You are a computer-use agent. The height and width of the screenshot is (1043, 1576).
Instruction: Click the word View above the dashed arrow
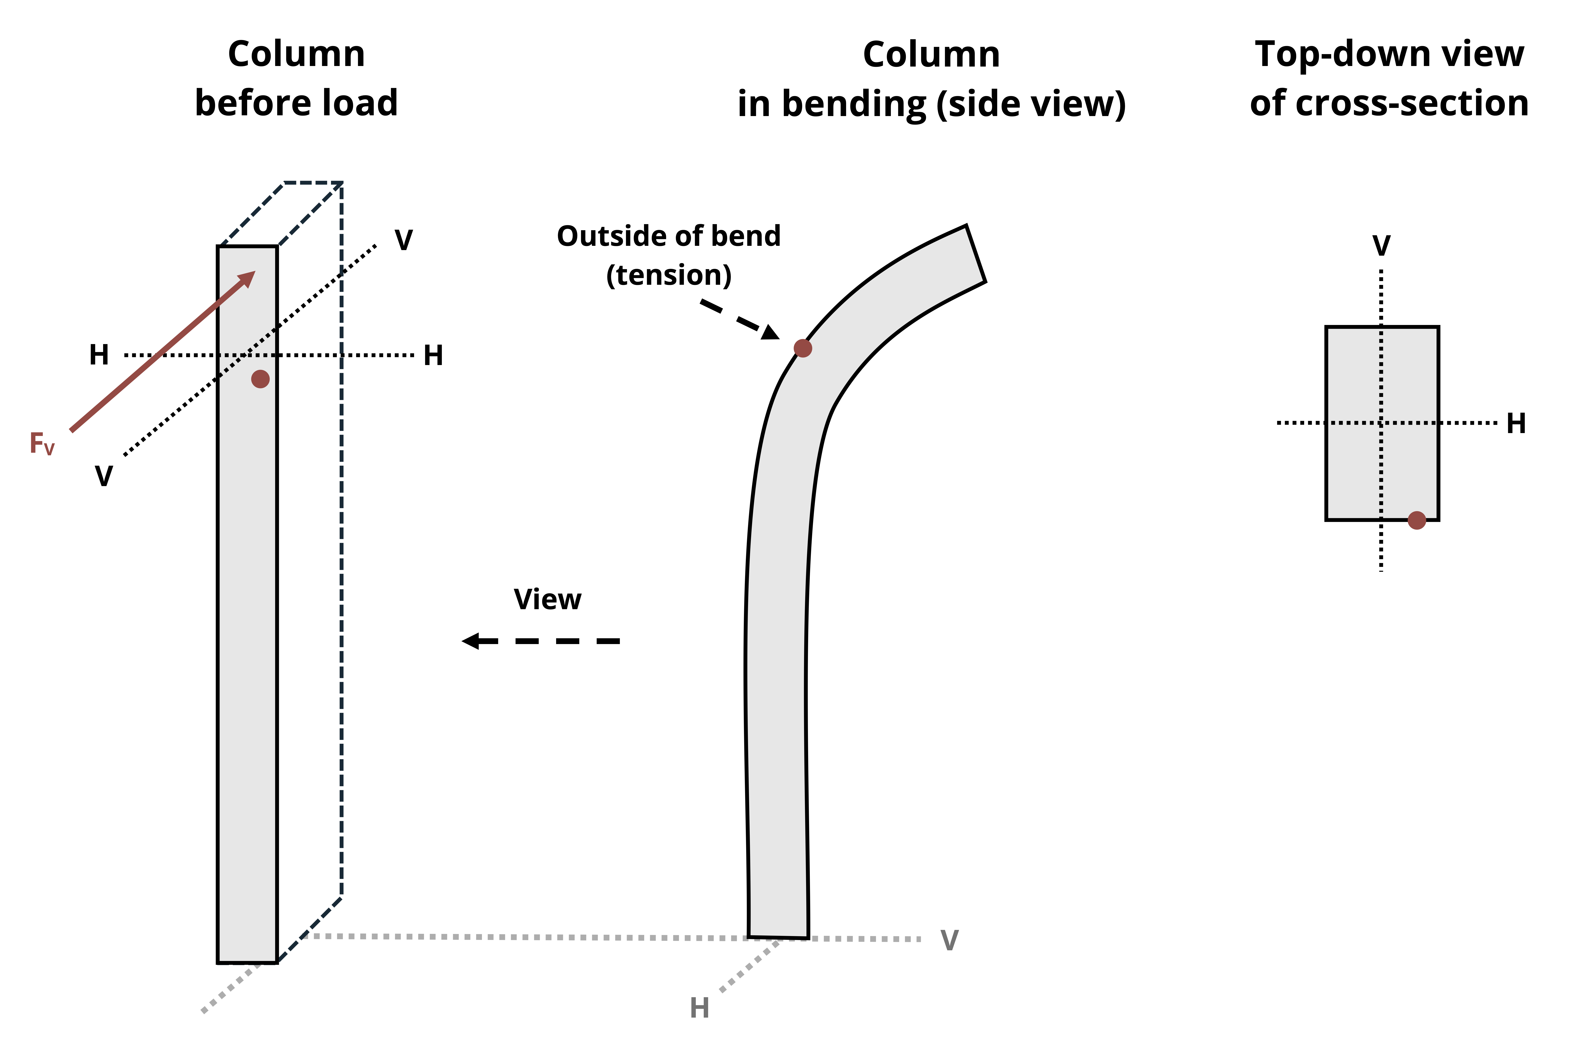click(548, 599)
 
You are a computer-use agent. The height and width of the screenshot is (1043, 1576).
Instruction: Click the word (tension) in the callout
click(669, 275)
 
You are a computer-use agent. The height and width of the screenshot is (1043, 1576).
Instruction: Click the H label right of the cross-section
click(1516, 423)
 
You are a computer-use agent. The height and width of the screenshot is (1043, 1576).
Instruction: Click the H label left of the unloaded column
click(99, 355)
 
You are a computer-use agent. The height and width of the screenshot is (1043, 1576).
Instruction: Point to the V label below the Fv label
click(104, 476)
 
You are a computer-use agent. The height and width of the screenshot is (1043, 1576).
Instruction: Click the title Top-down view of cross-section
click(1389, 78)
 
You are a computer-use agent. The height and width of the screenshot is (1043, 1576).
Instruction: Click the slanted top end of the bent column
click(975, 253)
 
